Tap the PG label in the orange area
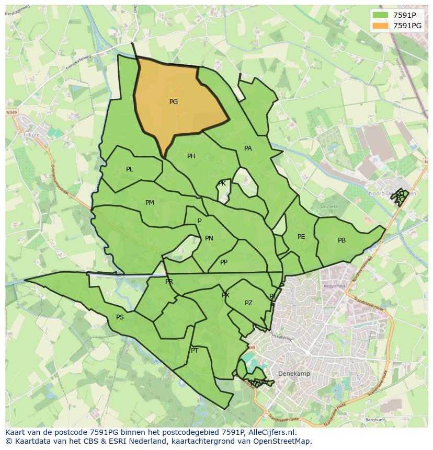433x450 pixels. (174, 102)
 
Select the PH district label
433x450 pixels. (191, 156)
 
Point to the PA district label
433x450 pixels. (248, 148)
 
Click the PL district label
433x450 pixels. (130, 169)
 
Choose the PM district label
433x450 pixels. (150, 203)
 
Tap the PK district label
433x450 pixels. (222, 183)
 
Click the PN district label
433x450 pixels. (209, 238)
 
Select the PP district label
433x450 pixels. (224, 262)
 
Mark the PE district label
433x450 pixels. (301, 237)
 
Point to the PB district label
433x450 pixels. (341, 240)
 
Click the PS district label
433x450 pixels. (120, 317)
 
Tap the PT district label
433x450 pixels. (195, 351)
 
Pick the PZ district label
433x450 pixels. (248, 303)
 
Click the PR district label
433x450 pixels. (169, 282)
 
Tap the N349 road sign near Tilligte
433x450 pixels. (12, 112)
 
